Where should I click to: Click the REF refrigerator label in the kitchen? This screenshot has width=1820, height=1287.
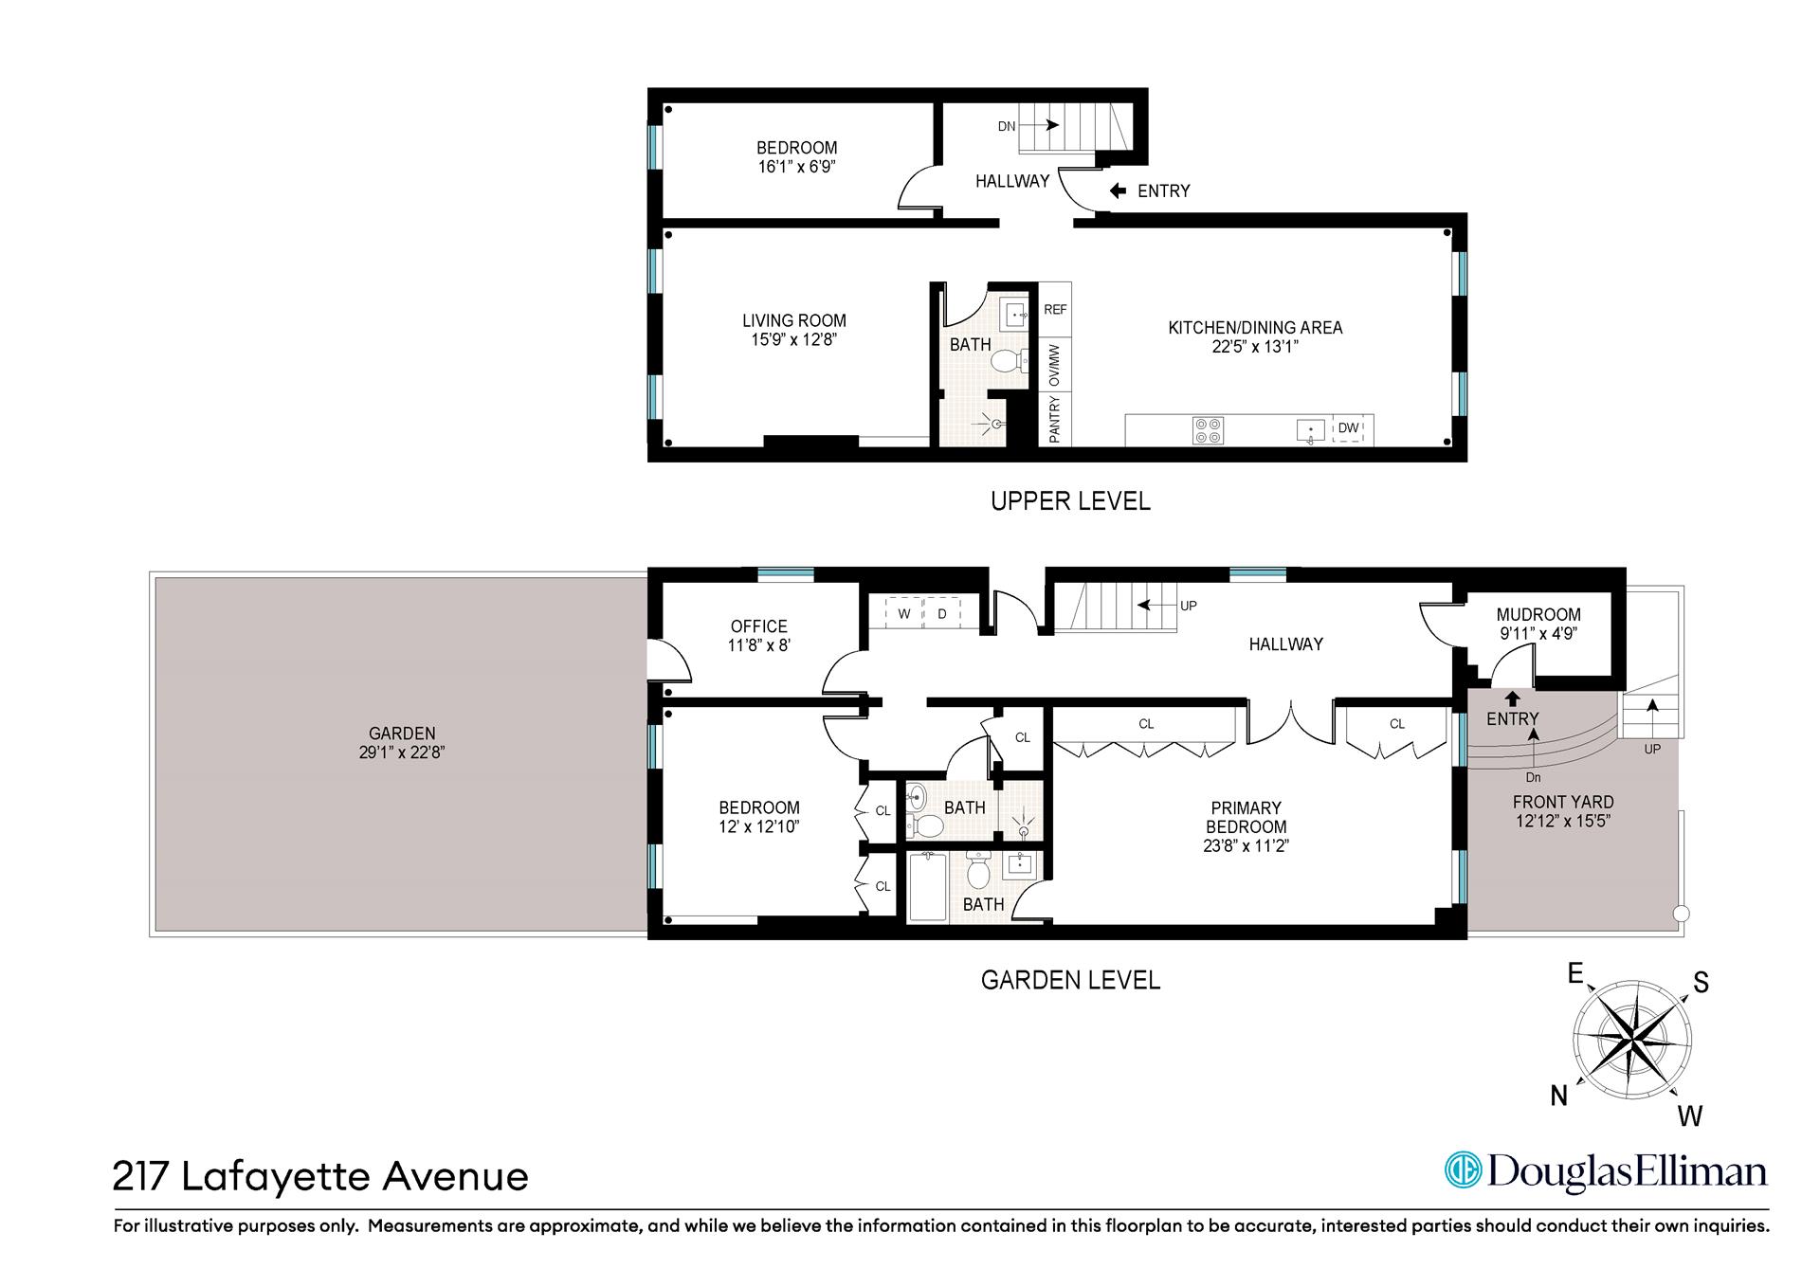tap(1055, 310)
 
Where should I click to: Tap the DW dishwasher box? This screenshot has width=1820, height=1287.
tap(1348, 428)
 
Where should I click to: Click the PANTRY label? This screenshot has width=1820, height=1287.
tap(1055, 419)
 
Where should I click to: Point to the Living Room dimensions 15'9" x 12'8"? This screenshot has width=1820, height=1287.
tap(793, 339)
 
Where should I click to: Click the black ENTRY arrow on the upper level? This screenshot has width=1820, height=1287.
tap(1118, 190)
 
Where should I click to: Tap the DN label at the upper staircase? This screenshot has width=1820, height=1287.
tap(1007, 126)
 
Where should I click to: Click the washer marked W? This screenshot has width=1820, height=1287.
tap(904, 613)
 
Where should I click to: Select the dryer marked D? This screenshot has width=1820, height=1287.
tap(942, 613)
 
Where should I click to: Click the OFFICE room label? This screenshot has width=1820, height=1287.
tap(758, 626)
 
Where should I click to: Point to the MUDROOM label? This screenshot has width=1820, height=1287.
tap(1538, 615)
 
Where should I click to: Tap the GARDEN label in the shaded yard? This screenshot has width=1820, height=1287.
tap(403, 734)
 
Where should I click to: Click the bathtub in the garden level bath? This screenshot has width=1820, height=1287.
tap(928, 887)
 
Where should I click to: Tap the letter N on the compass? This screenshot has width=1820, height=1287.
tap(1558, 1097)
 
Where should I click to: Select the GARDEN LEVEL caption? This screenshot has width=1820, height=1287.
tap(1070, 980)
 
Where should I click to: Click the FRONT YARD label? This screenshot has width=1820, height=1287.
tap(1563, 802)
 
